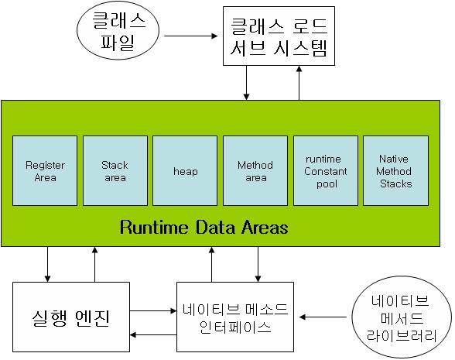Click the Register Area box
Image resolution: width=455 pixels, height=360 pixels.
[45, 170]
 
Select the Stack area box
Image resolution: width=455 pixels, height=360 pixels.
[115, 170]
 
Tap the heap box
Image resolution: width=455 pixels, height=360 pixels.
[185, 170]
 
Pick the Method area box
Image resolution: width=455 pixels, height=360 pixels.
[255, 170]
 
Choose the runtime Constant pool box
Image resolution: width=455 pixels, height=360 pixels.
[326, 170]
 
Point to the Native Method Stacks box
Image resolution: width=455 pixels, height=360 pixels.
[396, 170]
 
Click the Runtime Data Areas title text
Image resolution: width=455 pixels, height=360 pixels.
[204, 227]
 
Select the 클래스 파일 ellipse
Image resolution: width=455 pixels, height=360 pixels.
[118, 30]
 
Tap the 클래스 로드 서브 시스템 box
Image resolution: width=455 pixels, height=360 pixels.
[279, 36]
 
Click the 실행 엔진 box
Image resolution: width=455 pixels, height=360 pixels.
[71, 317]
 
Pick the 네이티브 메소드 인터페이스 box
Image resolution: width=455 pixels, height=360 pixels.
[235, 317]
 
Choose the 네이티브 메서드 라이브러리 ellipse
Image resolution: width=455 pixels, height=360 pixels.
[402, 317]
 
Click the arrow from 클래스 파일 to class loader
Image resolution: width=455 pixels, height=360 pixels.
[191, 36]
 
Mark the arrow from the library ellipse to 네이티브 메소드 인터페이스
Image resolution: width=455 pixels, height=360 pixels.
[323, 317]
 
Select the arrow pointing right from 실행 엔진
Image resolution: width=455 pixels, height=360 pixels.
[153, 311]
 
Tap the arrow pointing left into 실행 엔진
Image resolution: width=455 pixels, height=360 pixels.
[153, 335]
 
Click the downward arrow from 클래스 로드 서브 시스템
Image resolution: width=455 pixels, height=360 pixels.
[246, 83]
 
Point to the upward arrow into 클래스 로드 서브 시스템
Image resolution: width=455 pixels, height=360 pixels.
[299, 83]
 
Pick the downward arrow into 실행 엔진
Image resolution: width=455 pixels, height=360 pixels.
[48, 264]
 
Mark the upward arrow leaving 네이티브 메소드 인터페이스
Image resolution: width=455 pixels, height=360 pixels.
[212, 264]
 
